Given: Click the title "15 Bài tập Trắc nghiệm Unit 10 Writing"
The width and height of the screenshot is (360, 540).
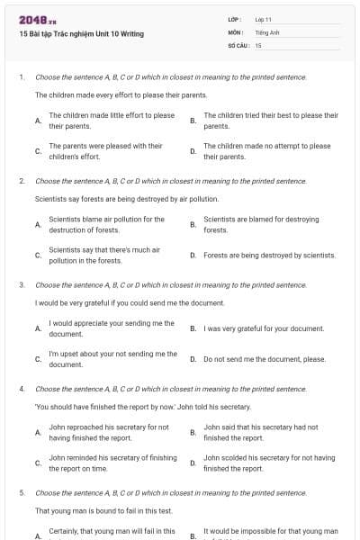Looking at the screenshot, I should point(81,34).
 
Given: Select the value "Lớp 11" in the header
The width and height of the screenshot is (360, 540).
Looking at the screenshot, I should point(264,19).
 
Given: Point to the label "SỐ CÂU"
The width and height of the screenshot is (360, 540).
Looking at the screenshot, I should point(237,45).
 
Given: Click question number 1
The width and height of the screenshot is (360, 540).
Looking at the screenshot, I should point(22,77).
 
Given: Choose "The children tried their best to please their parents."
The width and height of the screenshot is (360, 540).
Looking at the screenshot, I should point(271,121).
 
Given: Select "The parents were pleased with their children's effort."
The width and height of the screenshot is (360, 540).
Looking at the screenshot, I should point(105,151).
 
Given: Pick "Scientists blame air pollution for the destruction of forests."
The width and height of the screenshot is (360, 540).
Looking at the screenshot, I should point(106,224).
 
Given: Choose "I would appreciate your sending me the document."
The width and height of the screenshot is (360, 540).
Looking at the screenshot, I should point(112,328).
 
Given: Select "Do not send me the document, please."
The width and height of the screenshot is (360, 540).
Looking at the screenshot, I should point(265,359).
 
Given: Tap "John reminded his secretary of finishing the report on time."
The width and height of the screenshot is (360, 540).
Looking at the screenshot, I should point(112,463).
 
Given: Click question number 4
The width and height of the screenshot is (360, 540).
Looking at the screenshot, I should point(22,389).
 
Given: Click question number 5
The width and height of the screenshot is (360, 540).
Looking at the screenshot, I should point(22,493).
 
